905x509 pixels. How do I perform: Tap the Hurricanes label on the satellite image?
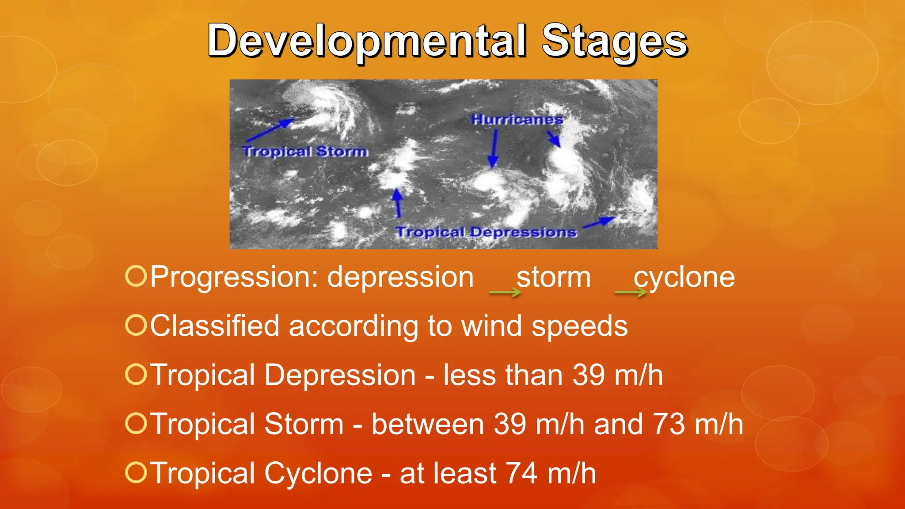(x=517, y=119)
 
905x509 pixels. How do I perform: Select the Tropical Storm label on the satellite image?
(x=305, y=152)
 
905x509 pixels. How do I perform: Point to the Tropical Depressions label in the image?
(x=486, y=232)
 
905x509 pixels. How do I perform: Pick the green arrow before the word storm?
(x=505, y=292)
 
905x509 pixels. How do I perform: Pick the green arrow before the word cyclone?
(x=631, y=292)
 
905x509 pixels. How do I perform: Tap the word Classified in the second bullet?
(x=215, y=326)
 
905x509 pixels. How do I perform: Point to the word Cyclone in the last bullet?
(x=318, y=473)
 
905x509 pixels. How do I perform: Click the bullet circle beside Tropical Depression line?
(x=136, y=374)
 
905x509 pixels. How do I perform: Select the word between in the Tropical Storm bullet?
(x=427, y=424)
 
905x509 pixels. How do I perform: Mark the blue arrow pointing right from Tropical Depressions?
(x=599, y=223)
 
